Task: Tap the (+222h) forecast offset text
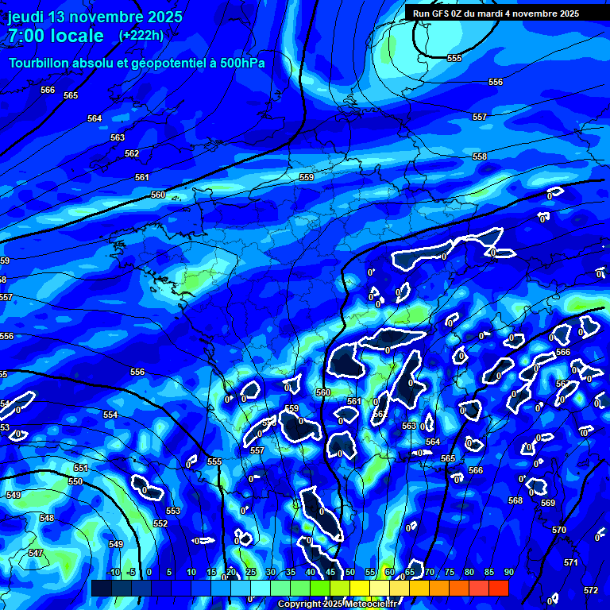coord(141,35)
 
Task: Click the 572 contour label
coord(591,590)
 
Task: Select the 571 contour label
coord(571,562)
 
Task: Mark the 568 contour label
coord(515,500)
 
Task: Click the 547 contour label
coord(36,553)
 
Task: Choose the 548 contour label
coord(47,518)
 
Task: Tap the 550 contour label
coord(75,481)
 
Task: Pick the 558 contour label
coord(480,156)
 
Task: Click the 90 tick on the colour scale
coord(508,572)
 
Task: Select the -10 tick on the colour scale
coord(113,572)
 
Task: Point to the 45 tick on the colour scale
coord(330,572)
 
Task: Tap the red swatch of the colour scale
coord(498,588)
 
